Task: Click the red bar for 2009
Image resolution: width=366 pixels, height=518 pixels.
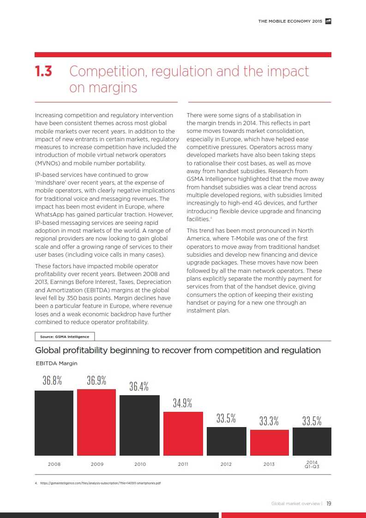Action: [x=96, y=422]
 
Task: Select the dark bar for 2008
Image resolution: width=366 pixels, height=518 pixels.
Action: [x=54, y=423]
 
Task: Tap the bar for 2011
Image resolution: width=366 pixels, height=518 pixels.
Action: [x=183, y=434]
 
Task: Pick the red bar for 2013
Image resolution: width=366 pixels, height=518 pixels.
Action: [x=269, y=442]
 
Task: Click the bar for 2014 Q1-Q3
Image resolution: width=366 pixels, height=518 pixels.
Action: [x=312, y=441]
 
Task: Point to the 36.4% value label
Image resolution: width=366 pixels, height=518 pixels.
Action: [x=139, y=386]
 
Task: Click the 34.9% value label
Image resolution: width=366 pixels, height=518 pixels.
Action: [x=183, y=403]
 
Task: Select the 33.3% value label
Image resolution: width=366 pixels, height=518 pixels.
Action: [x=269, y=421]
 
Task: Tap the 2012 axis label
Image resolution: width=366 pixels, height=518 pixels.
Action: [x=226, y=464]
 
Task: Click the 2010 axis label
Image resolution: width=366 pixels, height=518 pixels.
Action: [x=140, y=464]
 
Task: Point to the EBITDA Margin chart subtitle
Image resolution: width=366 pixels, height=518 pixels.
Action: [x=57, y=363]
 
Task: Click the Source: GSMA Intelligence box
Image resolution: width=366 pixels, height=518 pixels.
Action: [x=65, y=337]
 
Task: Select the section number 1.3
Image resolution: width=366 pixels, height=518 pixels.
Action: [x=44, y=72]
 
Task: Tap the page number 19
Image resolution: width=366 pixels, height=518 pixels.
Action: [x=329, y=504]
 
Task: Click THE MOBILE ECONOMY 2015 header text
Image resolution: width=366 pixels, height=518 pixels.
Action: [x=290, y=21]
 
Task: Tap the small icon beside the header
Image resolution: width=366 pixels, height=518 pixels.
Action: [x=328, y=21]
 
